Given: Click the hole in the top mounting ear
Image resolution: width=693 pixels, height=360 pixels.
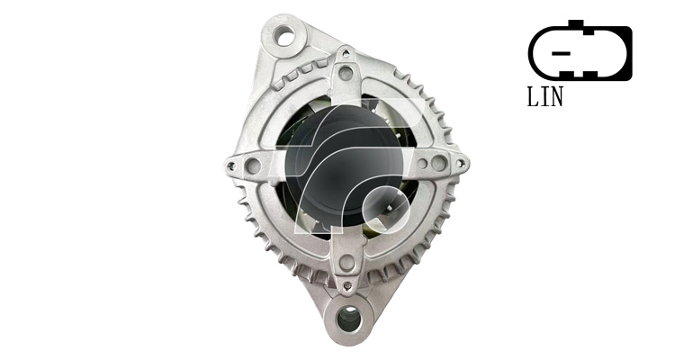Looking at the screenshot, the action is point(283,35).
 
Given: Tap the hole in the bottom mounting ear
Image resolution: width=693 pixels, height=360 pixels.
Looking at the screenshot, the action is point(349,319).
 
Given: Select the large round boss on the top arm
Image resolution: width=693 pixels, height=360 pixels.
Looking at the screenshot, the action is point(346,73).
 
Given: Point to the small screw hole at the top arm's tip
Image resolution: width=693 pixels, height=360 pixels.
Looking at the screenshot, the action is point(346,54).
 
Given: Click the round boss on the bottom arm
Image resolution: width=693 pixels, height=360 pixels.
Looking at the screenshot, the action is point(346,263).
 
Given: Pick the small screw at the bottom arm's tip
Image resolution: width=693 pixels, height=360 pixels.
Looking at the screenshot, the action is point(347,284).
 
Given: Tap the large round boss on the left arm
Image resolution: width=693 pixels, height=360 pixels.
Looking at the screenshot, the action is point(253,166).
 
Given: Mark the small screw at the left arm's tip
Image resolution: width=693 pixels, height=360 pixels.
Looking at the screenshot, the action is point(230,166).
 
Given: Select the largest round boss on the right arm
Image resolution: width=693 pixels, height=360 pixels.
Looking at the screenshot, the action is point(439,163).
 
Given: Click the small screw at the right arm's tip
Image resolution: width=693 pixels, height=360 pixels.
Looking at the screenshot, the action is point(460,164).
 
